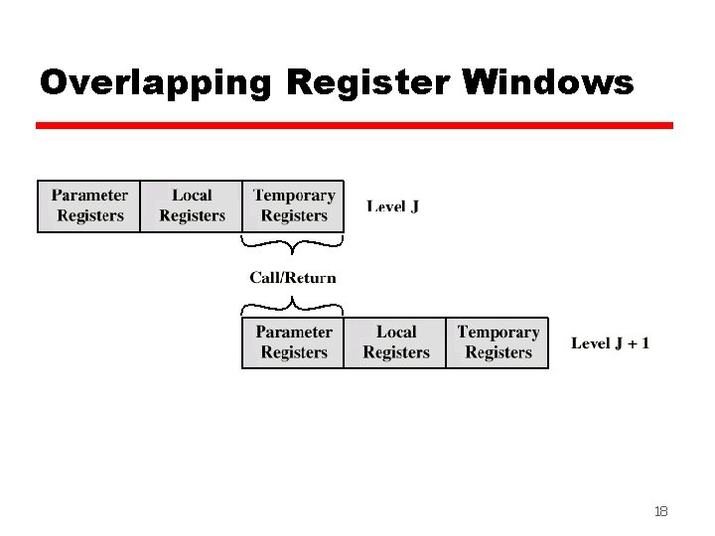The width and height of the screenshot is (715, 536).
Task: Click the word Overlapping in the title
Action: coord(155,83)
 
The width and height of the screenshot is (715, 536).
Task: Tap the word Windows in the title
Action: coord(548,83)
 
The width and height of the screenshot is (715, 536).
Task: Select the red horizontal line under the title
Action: coord(355,126)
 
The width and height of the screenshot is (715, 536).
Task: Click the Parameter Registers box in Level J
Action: coord(89,206)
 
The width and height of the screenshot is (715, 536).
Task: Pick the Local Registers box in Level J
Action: coord(192,206)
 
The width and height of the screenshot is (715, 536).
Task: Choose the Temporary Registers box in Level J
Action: coord(294,206)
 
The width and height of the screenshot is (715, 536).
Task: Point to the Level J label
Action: coord(392,206)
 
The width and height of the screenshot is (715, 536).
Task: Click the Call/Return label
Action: coord(293,278)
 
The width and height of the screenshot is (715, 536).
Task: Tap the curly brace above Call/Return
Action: coord(293,242)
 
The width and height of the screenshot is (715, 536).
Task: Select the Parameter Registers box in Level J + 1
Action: coord(294,342)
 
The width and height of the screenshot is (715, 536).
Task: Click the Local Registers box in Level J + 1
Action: coord(395,342)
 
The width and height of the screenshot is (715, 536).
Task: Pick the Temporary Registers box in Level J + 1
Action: coord(498,342)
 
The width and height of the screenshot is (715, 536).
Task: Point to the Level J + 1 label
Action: coord(611,343)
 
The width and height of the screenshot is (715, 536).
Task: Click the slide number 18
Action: coord(660,511)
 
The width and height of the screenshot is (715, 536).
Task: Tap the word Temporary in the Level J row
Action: coord(294,196)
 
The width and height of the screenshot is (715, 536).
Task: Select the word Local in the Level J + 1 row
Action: coord(396,332)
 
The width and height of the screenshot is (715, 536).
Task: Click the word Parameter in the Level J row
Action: coord(89,196)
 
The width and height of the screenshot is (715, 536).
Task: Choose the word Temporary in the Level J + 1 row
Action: coord(499,332)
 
